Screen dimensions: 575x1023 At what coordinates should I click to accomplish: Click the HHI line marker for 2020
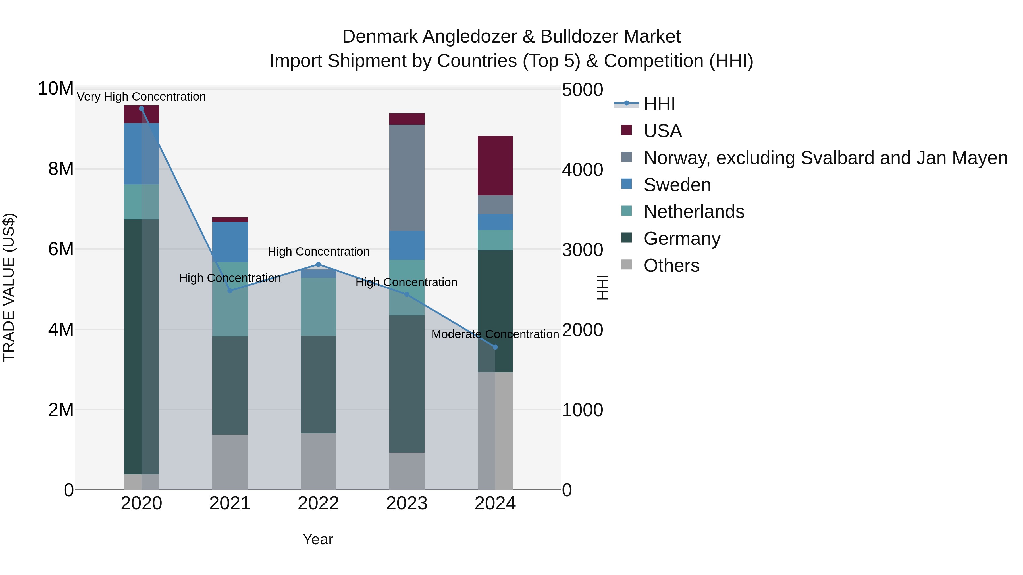pyautogui.click(x=142, y=109)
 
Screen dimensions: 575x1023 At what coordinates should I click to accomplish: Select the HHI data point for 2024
pyautogui.click(x=495, y=347)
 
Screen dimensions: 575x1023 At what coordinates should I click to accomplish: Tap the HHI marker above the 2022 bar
pyautogui.click(x=318, y=265)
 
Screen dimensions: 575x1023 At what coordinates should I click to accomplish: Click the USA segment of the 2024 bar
pyautogui.click(x=495, y=166)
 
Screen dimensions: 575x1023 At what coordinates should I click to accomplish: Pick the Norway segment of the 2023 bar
pyautogui.click(x=407, y=177)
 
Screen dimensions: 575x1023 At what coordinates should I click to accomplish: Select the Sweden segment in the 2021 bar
pyautogui.click(x=230, y=242)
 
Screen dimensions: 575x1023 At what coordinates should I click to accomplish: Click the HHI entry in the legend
pyautogui.click(x=659, y=104)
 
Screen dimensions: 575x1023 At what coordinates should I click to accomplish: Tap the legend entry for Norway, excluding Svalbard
pyautogui.click(x=825, y=158)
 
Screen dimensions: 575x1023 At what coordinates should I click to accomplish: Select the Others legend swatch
pyautogui.click(x=626, y=265)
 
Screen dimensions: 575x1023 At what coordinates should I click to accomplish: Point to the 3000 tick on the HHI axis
pyautogui.click(x=582, y=250)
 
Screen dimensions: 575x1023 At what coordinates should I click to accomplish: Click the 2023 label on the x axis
pyautogui.click(x=407, y=503)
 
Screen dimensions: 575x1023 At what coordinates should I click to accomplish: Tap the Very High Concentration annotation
pyautogui.click(x=142, y=97)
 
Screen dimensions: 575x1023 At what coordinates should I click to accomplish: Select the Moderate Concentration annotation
pyautogui.click(x=495, y=334)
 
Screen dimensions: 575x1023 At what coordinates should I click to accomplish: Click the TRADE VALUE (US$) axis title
pyautogui.click(x=9, y=287)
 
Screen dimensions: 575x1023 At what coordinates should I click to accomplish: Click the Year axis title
pyautogui.click(x=318, y=539)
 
